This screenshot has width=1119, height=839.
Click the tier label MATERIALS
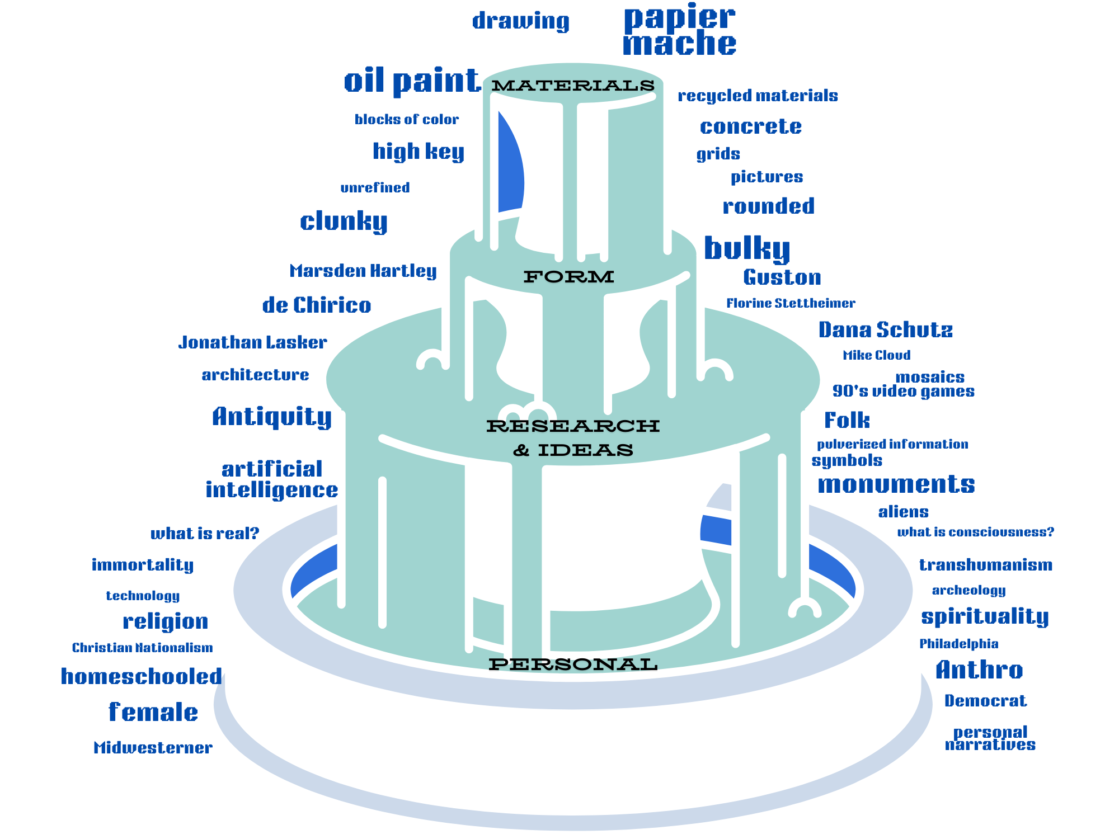pyautogui.click(x=573, y=86)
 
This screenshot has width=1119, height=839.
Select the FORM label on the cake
pyautogui.click(x=568, y=276)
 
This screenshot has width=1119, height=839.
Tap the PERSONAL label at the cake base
pyautogui.click(x=573, y=664)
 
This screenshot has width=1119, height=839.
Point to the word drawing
pyautogui.click(x=520, y=21)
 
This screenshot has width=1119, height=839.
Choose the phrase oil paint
pyautogui.click(x=412, y=81)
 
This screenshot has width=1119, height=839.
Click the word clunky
pyautogui.click(x=344, y=221)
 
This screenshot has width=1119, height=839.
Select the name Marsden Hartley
pyautogui.click(x=363, y=271)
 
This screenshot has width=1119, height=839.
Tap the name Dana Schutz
pyautogui.click(x=885, y=330)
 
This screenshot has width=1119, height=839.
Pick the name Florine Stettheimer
pyautogui.click(x=791, y=303)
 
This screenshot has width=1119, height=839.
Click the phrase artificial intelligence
pyautogui.click(x=272, y=479)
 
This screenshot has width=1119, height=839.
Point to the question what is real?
pyautogui.click(x=205, y=534)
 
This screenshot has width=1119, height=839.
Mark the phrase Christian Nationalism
pyautogui.click(x=142, y=648)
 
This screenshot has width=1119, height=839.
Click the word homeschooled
pyautogui.click(x=142, y=677)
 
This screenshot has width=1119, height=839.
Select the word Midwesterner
pyautogui.click(x=153, y=748)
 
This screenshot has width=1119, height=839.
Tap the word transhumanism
pyautogui.click(x=985, y=565)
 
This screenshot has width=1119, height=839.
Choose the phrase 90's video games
pyautogui.click(x=903, y=391)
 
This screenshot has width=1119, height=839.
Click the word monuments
pyautogui.click(x=896, y=484)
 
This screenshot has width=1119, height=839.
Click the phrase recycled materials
pyautogui.click(x=758, y=96)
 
